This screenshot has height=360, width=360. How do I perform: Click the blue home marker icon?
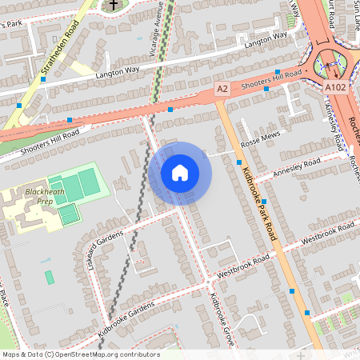pos(180,173)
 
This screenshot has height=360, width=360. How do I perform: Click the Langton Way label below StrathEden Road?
pos(118,73)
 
